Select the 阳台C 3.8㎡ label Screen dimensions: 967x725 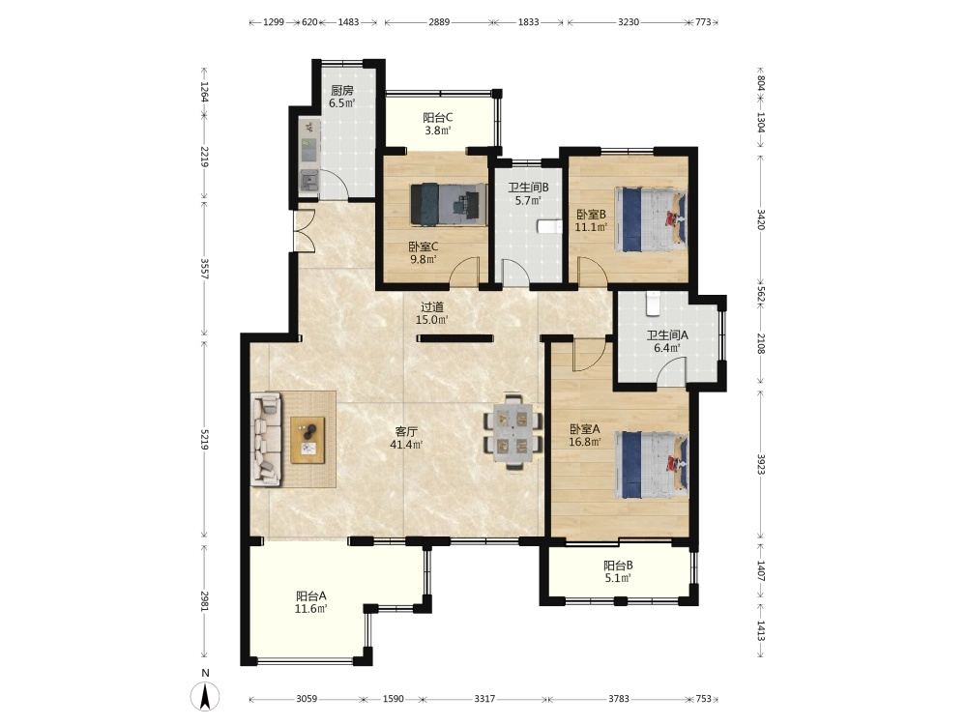438,124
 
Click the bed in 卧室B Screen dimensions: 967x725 651,219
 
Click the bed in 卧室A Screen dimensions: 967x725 651,464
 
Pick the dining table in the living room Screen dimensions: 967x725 513,431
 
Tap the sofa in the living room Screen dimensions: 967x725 267,440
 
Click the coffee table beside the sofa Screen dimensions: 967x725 308,440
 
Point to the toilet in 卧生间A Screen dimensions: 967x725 653,302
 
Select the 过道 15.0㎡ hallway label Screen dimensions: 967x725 431,313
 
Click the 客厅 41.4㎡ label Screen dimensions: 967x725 406,438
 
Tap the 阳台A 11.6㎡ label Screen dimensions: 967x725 310,602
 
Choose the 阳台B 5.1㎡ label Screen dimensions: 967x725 618,571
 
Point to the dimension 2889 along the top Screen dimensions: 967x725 439,22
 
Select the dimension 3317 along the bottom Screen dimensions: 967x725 484,699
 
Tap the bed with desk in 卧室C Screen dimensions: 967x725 448,203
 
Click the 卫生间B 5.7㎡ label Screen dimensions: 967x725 529,193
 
